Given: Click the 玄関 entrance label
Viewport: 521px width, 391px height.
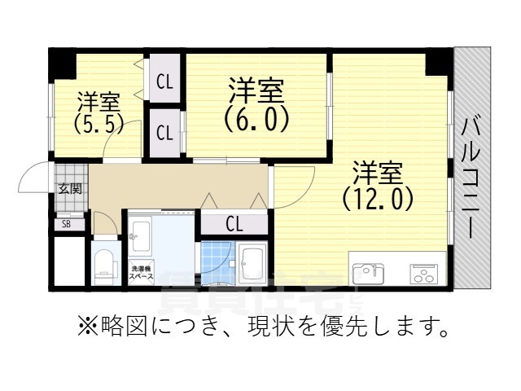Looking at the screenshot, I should (68, 189).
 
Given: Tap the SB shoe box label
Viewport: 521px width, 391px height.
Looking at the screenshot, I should (66, 224).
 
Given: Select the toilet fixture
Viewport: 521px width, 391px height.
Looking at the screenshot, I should (103, 265).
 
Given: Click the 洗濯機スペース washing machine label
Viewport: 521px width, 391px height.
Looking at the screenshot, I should (141, 272).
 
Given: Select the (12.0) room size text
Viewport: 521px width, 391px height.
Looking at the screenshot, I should (378, 199).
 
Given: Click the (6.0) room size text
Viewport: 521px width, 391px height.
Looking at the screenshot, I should (256, 120).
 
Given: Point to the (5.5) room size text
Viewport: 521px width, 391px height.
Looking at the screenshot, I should (99, 125).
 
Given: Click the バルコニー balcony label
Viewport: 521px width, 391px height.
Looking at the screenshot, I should (471, 177).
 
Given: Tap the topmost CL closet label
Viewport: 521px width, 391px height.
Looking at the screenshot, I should (164, 81).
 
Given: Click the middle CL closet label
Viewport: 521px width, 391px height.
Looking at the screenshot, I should (164, 132).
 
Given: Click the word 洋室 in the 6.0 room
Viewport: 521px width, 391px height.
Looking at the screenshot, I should (256, 89).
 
